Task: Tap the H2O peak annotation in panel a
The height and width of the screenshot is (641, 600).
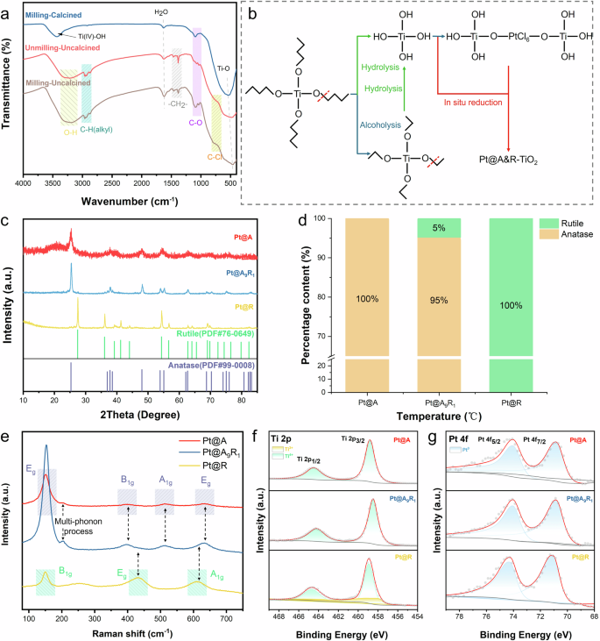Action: pyautogui.click(x=162, y=12)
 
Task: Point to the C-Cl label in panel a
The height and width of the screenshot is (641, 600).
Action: pyautogui.click(x=215, y=157)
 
